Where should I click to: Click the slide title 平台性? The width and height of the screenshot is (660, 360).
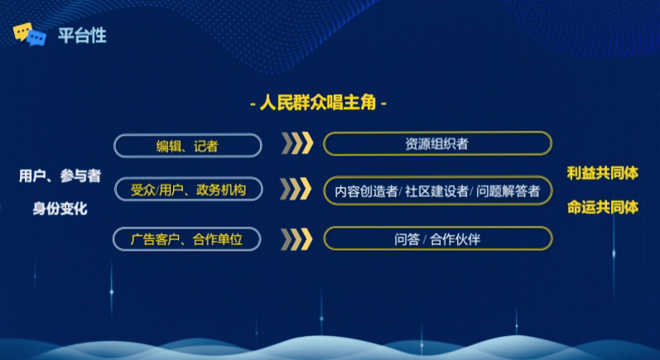(x=82, y=36)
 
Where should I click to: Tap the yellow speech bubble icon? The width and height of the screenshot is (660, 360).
(x=22, y=31)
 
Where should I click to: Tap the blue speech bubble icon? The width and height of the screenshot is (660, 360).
(x=37, y=38)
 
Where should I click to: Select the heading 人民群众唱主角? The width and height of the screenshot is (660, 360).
(x=318, y=102)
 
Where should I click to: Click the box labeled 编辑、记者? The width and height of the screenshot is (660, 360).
(x=188, y=146)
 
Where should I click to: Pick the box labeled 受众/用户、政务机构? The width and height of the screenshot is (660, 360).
(x=188, y=190)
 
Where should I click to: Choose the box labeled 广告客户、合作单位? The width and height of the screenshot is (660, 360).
(x=187, y=239)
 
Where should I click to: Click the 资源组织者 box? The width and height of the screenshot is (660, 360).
(x=437, y=144)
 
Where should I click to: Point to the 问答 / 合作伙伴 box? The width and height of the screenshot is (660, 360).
(x=438, y=239)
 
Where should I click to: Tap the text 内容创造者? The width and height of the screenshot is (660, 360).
(x=366, y=191)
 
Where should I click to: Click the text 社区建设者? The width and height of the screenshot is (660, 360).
(x=436, y=191)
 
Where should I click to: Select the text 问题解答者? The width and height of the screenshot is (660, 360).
(x=508, y=191)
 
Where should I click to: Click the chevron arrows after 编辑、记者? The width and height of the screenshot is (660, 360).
(x=297, y=143)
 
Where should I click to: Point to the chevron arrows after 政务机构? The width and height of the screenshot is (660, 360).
(x=296, y=189)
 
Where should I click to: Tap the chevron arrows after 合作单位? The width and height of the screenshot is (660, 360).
(x=296, y=239)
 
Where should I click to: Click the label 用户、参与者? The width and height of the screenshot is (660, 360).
(x=60, y=175)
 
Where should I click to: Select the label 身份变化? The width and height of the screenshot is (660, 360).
(x=60, y=209)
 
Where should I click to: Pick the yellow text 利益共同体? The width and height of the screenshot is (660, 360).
(x=603, y=173)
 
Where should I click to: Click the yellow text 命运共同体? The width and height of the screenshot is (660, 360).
(x=603, y=208)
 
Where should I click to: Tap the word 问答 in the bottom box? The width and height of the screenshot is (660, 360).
(x=407, y=239)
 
